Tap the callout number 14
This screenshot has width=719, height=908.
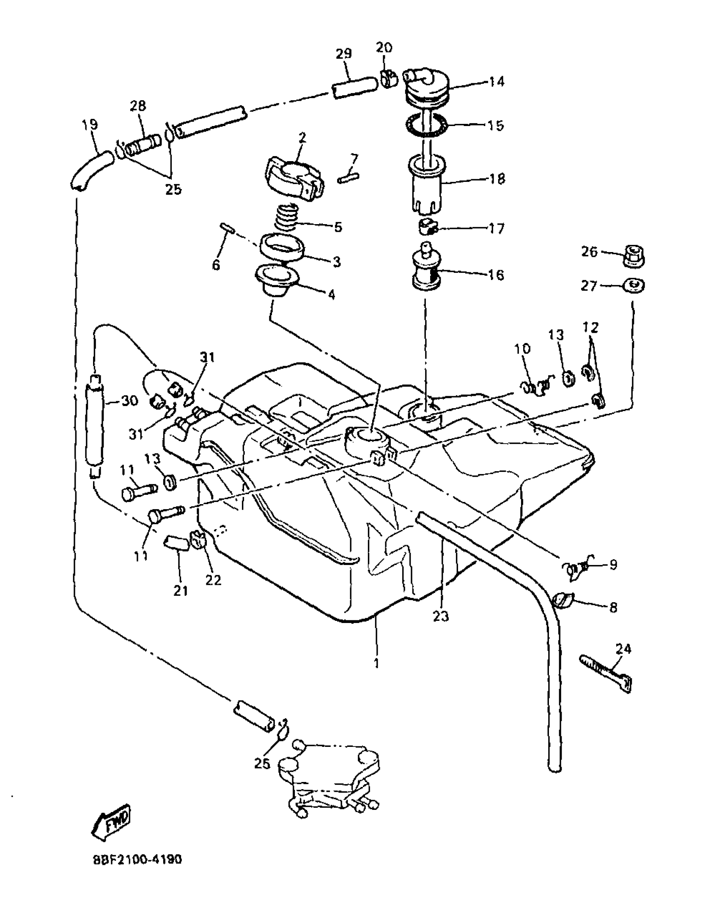pos(497,81)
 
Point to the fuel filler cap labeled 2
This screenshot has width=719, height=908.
pos(295,179)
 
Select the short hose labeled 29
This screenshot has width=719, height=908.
pos(354,88)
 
